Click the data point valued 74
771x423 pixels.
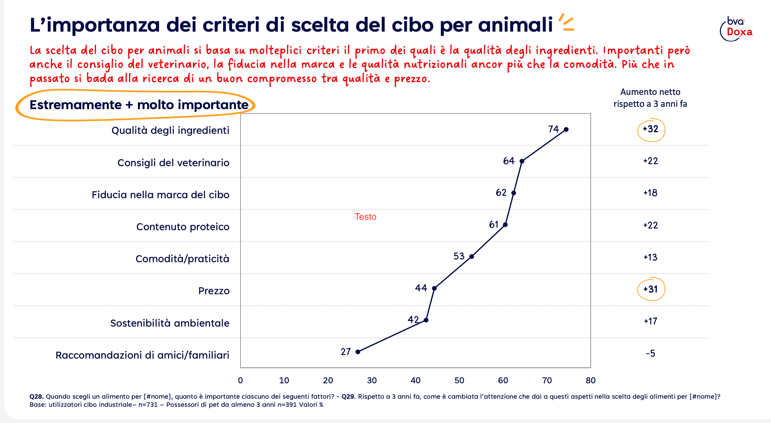566,130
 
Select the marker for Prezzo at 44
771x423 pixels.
434,288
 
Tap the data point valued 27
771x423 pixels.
358,352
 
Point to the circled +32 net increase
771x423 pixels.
651,130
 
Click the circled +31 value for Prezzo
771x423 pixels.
651,289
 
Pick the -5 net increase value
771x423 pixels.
650,354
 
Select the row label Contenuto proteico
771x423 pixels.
183,227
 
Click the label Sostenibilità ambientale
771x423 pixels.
170,323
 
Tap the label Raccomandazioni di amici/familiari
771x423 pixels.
142,355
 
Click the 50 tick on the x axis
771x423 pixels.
459,381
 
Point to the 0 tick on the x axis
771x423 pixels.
240,381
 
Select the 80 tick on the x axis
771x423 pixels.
591,381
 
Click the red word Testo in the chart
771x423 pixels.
365,217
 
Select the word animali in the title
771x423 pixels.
516,25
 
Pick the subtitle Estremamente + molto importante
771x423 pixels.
139,105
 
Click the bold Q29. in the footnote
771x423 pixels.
349,396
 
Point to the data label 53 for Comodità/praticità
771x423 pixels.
459,256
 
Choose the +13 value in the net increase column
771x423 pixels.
650,257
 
